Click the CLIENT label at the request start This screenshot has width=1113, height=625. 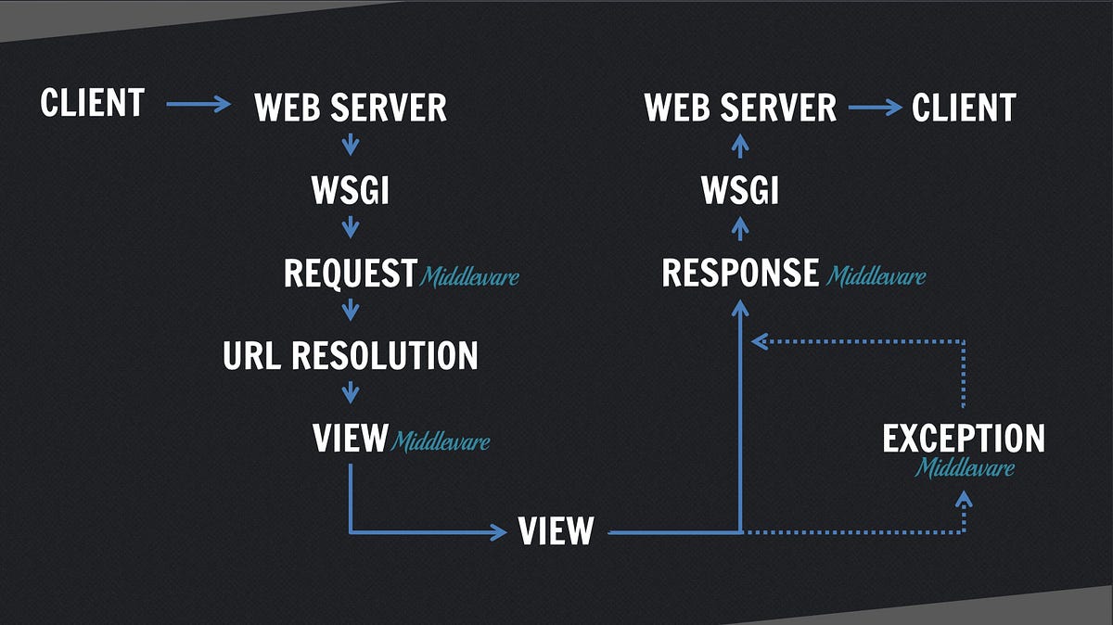(x=92, y=102)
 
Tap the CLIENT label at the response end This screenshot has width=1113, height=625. (x=964, y=108)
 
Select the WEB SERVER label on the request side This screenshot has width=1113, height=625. (x=350, y=108)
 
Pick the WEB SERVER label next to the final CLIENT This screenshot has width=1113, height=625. (x=740, y=108)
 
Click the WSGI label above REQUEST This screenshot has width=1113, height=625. (x=350, y=191)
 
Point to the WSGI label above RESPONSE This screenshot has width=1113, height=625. (x=739, y=191)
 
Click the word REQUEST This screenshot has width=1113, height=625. (x=350, y=274)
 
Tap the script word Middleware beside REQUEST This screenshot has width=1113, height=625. (x=469, y=276)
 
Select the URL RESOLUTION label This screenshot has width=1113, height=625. (x=350, y=355)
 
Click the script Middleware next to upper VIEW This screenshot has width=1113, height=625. (x=440, y=441)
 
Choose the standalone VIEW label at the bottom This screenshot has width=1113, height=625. (x=555, y=531)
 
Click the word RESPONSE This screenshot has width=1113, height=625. (x=740, y=274)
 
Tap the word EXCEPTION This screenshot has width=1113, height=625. (x=963, y=439)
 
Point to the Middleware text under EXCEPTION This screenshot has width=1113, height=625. (x=965, y=468)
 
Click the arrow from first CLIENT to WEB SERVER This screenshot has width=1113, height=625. (x=198, y=104)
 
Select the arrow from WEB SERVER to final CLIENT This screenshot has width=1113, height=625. (x=875, y=108)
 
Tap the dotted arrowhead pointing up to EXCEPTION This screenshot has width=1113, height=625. (x=964, y=499)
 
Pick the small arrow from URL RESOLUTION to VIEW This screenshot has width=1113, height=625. (x=350, y=392)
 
